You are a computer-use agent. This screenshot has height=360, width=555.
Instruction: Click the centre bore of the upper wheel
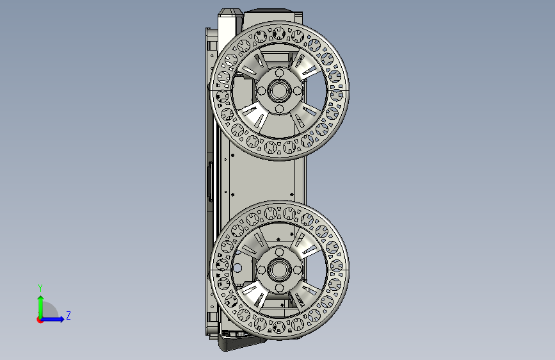pyautogui.click(x=279, y=91)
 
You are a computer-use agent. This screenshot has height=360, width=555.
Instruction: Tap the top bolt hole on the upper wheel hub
pyautogui.click(x=279, y=74)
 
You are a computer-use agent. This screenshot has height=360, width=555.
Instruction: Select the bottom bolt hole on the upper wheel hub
pyautogui.click(x=279, y=108)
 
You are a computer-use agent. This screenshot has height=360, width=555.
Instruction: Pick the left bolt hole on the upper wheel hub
pyautogui.click(x=262, y=91)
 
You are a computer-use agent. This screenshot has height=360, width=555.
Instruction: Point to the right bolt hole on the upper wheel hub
pyautogui.click(x=297, y=91)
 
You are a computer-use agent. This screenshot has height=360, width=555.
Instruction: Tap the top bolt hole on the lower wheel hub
pyautogui.click(x=279, y=252)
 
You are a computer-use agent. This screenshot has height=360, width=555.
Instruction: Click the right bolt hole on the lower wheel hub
pyautogui.click(x=297, y=270)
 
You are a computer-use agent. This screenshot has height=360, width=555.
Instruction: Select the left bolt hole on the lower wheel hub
pyautogui.click(x=262, y=270)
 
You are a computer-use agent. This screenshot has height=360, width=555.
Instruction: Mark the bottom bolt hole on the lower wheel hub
pyautogui.click(x=279, y=288)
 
